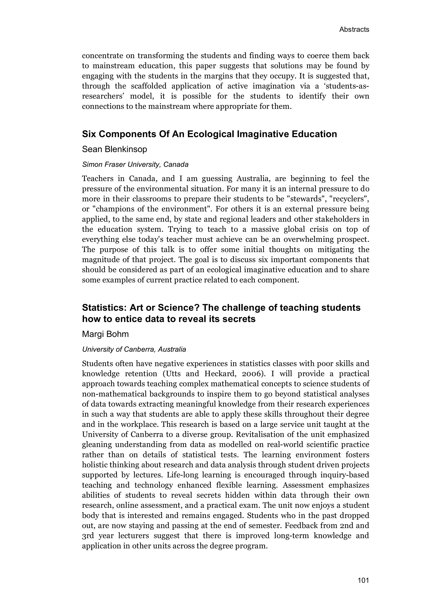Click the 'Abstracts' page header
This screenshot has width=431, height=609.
tap(354, 29)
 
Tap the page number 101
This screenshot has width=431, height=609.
tap(363, 580)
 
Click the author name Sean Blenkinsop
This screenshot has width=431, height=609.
tap(114, 149)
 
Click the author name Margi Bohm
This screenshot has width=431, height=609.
tap(105, 334)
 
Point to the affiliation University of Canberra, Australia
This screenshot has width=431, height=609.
tap(134, 349)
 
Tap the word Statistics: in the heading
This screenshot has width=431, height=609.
tap(104, 308)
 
